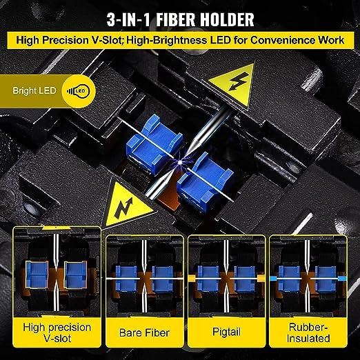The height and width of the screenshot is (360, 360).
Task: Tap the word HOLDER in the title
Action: coord(227,19)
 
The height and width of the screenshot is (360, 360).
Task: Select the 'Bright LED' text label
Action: coord(34,90)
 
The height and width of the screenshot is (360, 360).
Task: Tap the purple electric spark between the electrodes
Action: coord(180,161)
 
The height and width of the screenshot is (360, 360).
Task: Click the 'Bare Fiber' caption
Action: coord(144,332)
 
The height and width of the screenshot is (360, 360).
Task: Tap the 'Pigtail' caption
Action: coord(226,332)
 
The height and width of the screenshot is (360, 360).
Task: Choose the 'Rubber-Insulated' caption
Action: coord(308,332)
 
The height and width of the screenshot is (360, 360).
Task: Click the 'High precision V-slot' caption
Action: coord(57,332)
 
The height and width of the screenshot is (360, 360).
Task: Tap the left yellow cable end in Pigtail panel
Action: coord(192,279)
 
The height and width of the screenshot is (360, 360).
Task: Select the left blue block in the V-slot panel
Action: coord(37,274)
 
